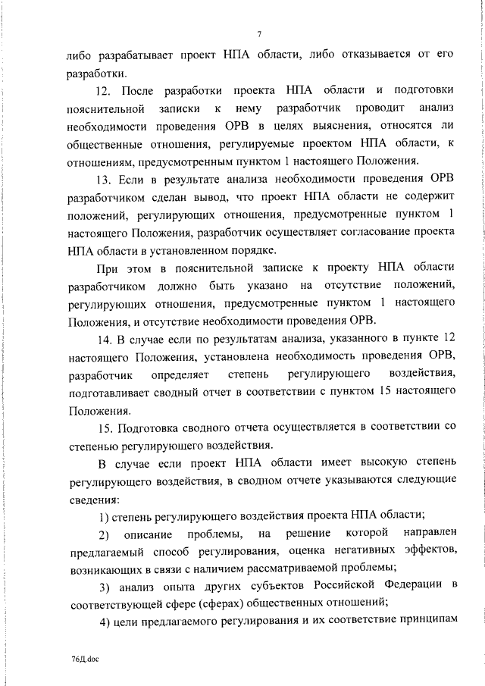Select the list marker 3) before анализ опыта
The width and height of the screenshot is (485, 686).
106,587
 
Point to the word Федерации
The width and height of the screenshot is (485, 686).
399,587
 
